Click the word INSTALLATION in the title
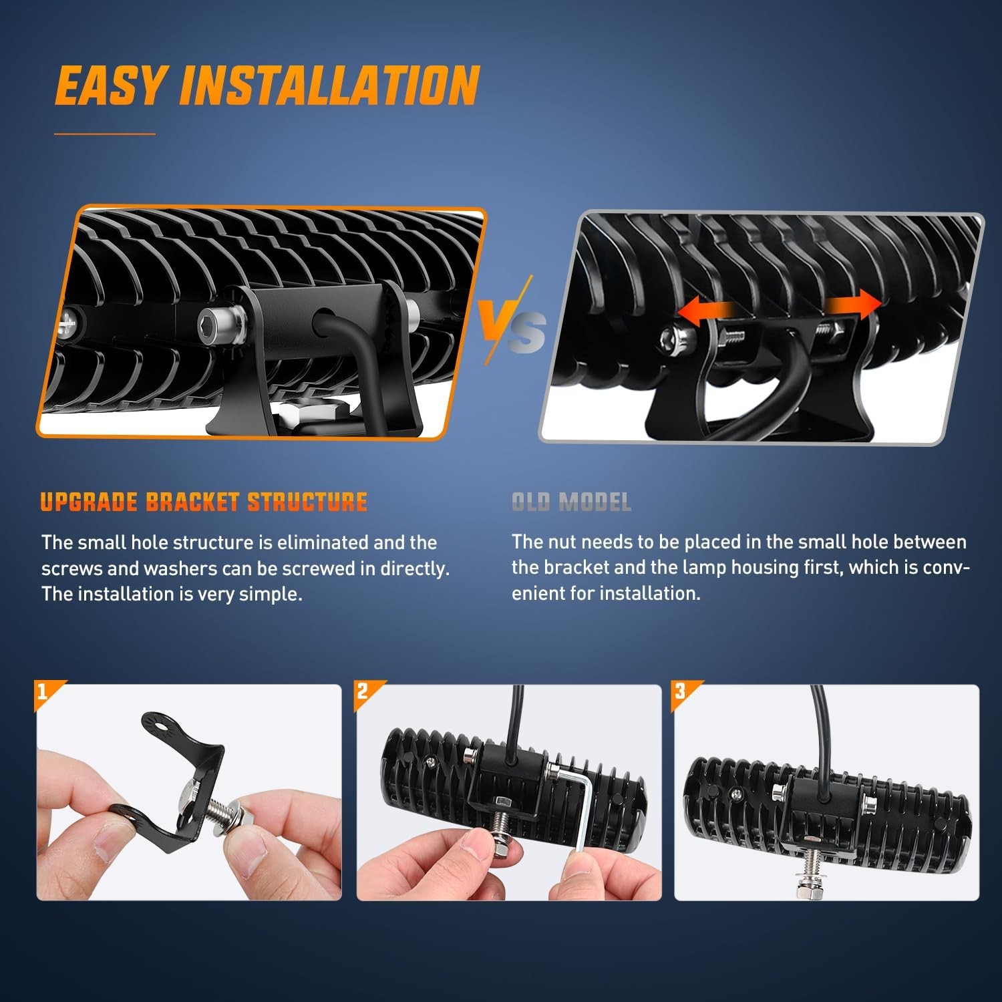(329, 86)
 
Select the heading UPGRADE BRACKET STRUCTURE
(204, 502)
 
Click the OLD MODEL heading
(571, 502)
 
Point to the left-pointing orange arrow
(705, 312)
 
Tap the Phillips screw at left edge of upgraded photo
(68, 325)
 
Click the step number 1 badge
(43, 691)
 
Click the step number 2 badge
(363, 691)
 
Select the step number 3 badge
(681, 691)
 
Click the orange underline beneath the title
(104, 134)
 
